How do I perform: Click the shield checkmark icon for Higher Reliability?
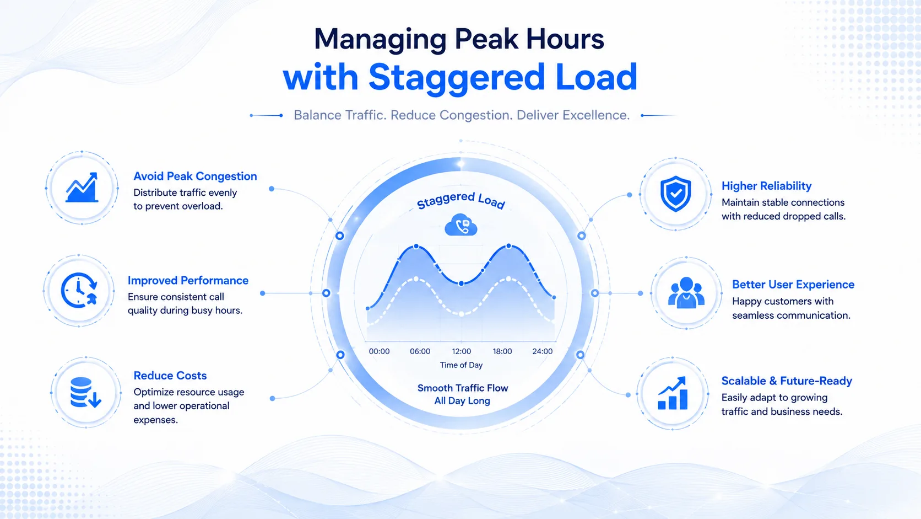(675, 194)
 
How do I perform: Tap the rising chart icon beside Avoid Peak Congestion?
(82, 188)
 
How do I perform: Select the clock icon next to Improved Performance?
(79, 290)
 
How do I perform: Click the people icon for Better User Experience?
(686, 293)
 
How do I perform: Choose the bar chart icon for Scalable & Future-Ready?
(673, 393)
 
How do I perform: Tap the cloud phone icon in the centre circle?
(461, 224)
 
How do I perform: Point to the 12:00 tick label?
(461, 351)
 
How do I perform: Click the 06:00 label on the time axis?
(420, 351)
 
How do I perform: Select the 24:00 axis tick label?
(543, 351)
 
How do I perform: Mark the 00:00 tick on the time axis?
(379, 351)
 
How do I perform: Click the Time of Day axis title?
(461, 365)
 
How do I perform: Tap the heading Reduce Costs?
(170, 376)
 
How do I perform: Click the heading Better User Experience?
(793, 285)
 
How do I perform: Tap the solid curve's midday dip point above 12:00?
(461, 283)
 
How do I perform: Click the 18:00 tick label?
(502, 351)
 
